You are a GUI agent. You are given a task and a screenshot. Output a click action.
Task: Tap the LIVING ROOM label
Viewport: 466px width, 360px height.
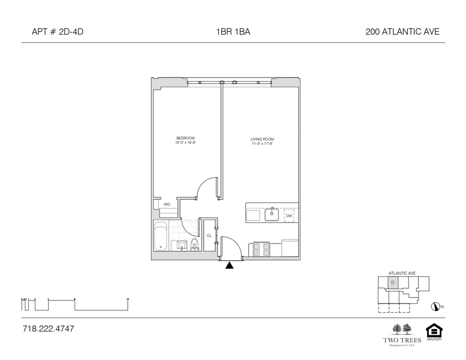coord(262,139)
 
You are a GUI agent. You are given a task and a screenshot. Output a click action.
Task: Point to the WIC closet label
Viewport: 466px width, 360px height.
coord(166,204)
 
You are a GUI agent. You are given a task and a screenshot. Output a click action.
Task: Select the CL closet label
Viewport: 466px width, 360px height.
coord(209,236)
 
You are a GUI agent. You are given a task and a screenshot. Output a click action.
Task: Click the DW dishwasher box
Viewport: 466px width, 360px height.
coord(289,216)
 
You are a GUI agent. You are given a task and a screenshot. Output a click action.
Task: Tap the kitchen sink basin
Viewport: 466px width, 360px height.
coord(272,215)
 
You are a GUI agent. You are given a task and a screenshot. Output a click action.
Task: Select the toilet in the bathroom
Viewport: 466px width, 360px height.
coord(195,245)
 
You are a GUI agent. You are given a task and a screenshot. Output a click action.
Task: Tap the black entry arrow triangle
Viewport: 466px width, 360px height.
coord(229,265)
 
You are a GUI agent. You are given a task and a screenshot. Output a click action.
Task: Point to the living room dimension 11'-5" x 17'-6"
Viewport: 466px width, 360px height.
coord(262,144)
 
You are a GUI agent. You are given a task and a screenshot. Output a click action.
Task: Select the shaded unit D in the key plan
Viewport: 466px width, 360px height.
coord(392,283)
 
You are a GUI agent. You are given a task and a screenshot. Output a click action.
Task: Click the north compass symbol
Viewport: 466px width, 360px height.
coord(436,306)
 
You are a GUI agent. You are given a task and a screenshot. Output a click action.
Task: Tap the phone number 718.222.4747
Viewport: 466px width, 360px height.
coord(48,329)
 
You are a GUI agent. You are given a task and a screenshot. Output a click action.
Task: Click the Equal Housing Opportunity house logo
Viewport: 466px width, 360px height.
coord(434,331)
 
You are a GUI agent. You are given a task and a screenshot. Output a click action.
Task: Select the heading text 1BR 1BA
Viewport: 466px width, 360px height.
coord(230,32)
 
